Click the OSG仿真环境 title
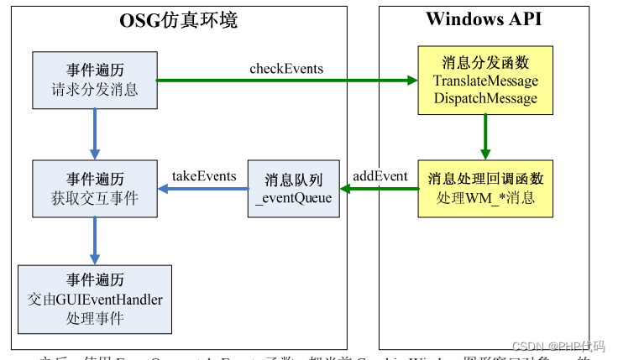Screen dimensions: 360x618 [x=178, y=20]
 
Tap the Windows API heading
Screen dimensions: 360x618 [x=484, y=19]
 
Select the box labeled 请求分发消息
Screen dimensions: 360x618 [x=95, y=81]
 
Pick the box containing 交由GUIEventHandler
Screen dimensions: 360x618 [x=95, y=299]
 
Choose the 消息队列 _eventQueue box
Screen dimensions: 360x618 [x=293, y=189]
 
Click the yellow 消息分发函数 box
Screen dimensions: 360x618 [x=485, y=81]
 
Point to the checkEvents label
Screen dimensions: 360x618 [x=286, y=68]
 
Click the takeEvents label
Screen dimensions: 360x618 [x=204, y=175]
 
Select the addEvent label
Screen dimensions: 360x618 [x=380, y=175]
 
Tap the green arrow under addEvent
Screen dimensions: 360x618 [x=379, y=189]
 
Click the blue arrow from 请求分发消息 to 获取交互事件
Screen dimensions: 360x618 [x=95, y=134]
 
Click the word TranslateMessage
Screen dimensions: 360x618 [x=485, y=81]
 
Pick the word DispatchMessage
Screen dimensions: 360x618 [x=485, y=98]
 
